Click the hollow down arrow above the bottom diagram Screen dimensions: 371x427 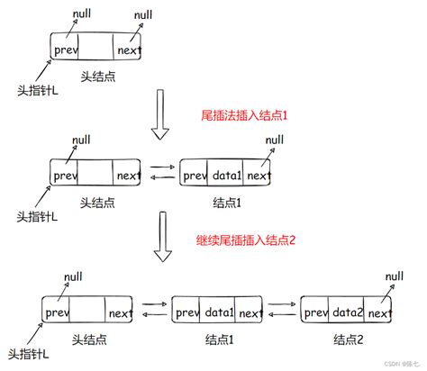click(x=160, y=241)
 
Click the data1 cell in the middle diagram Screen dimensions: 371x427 click(x=226, y=175)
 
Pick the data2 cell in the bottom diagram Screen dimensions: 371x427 click(x=347, y=312)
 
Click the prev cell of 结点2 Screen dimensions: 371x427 click(x=315, y=312)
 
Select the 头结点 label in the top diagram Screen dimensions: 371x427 click(x=95, y=77)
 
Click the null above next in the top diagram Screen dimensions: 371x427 click(x=143, y=15)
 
